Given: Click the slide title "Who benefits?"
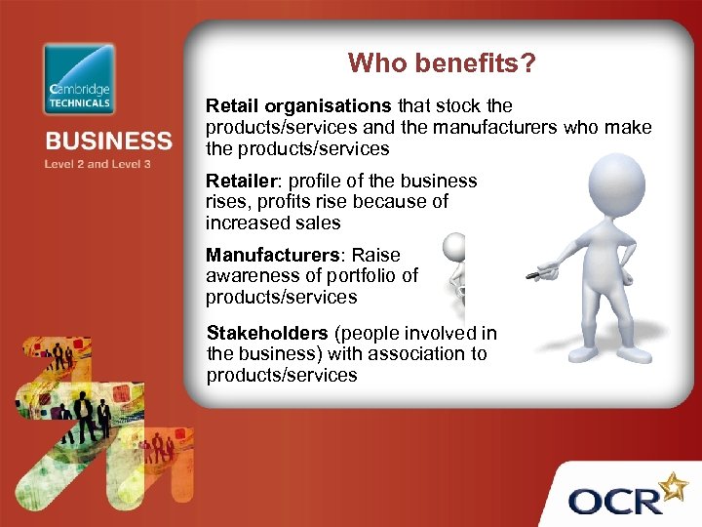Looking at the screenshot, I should coord(442,63).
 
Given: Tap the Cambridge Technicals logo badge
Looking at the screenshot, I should coord(79,79).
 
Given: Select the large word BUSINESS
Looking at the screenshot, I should coord(107,142).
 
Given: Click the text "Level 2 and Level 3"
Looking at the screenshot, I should coord(97,164).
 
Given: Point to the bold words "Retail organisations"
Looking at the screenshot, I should coord(298,105).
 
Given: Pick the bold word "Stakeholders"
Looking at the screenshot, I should coord(267,333).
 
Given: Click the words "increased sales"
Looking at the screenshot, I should coord(273,223).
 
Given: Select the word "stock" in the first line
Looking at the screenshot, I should coord(458,105).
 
